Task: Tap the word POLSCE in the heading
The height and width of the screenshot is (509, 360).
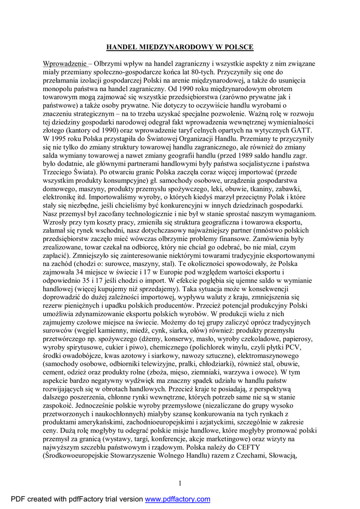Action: click(238, 47)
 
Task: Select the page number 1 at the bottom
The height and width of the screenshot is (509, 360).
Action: click(180, 483)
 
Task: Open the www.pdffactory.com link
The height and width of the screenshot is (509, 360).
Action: click(178, 500)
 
